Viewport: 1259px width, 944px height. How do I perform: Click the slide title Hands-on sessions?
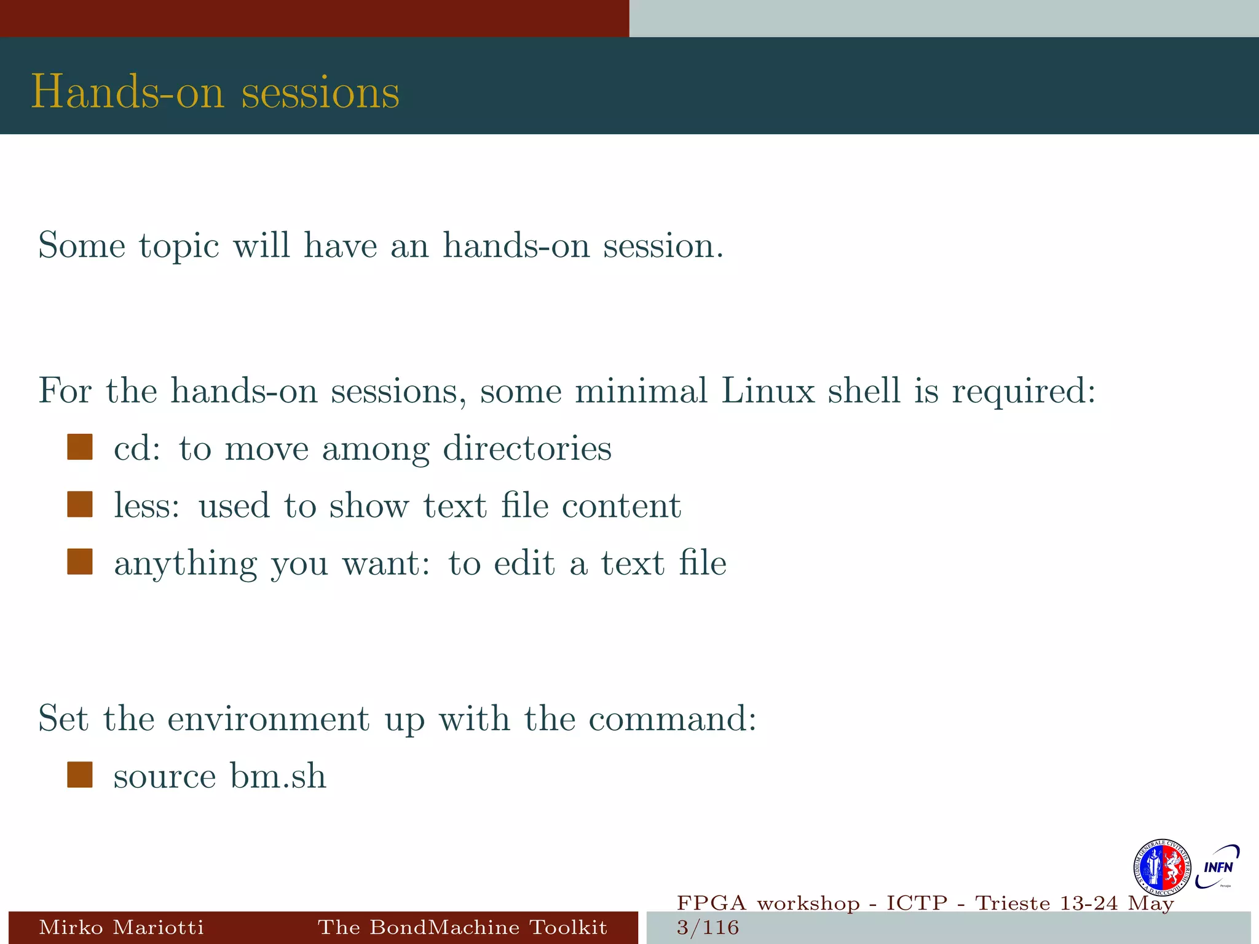click(x=215, y=92)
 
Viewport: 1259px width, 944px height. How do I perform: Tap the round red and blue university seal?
click(x=1162, y=867)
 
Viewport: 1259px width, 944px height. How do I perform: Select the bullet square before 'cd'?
click(x=80, y=447)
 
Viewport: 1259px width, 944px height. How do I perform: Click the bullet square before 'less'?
click(x=80, y=505)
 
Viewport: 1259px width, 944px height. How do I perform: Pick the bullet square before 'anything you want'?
click(x=80, y=562)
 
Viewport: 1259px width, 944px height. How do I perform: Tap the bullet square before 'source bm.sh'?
click(x=80, y=775)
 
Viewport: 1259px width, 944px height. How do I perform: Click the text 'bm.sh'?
click(x=278, y=776)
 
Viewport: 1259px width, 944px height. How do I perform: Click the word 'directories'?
click(x=527, y=448)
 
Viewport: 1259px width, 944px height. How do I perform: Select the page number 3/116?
click(x=708, y=927)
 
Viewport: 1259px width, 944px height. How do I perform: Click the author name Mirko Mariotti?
click(x=121, y=927)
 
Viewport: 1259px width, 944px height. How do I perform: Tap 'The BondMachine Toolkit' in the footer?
click(x=462, y=927)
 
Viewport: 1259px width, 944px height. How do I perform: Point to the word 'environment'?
click(x=269, y=718)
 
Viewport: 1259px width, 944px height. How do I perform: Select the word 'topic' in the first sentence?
click(x=179, y=246)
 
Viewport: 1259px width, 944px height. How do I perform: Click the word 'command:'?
click(x=673, y=718)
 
